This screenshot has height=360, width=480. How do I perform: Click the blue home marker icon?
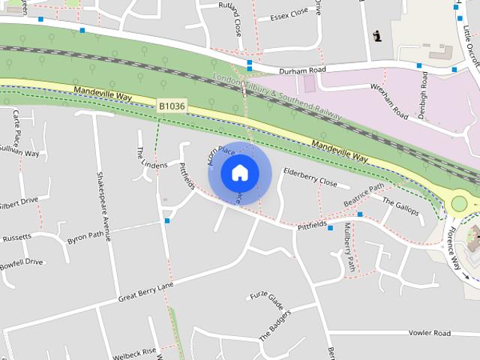point(239,172)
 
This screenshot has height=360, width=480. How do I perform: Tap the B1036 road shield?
point(171,107)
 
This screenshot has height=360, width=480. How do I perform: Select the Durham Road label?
point(303,70)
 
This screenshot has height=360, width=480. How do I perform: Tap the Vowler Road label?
point(429,333)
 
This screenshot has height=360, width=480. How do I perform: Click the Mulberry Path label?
point(349,247)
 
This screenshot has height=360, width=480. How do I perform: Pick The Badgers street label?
point(274,325)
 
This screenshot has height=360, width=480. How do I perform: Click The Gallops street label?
point(400,206)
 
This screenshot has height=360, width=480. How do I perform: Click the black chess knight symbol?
point(377,34)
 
